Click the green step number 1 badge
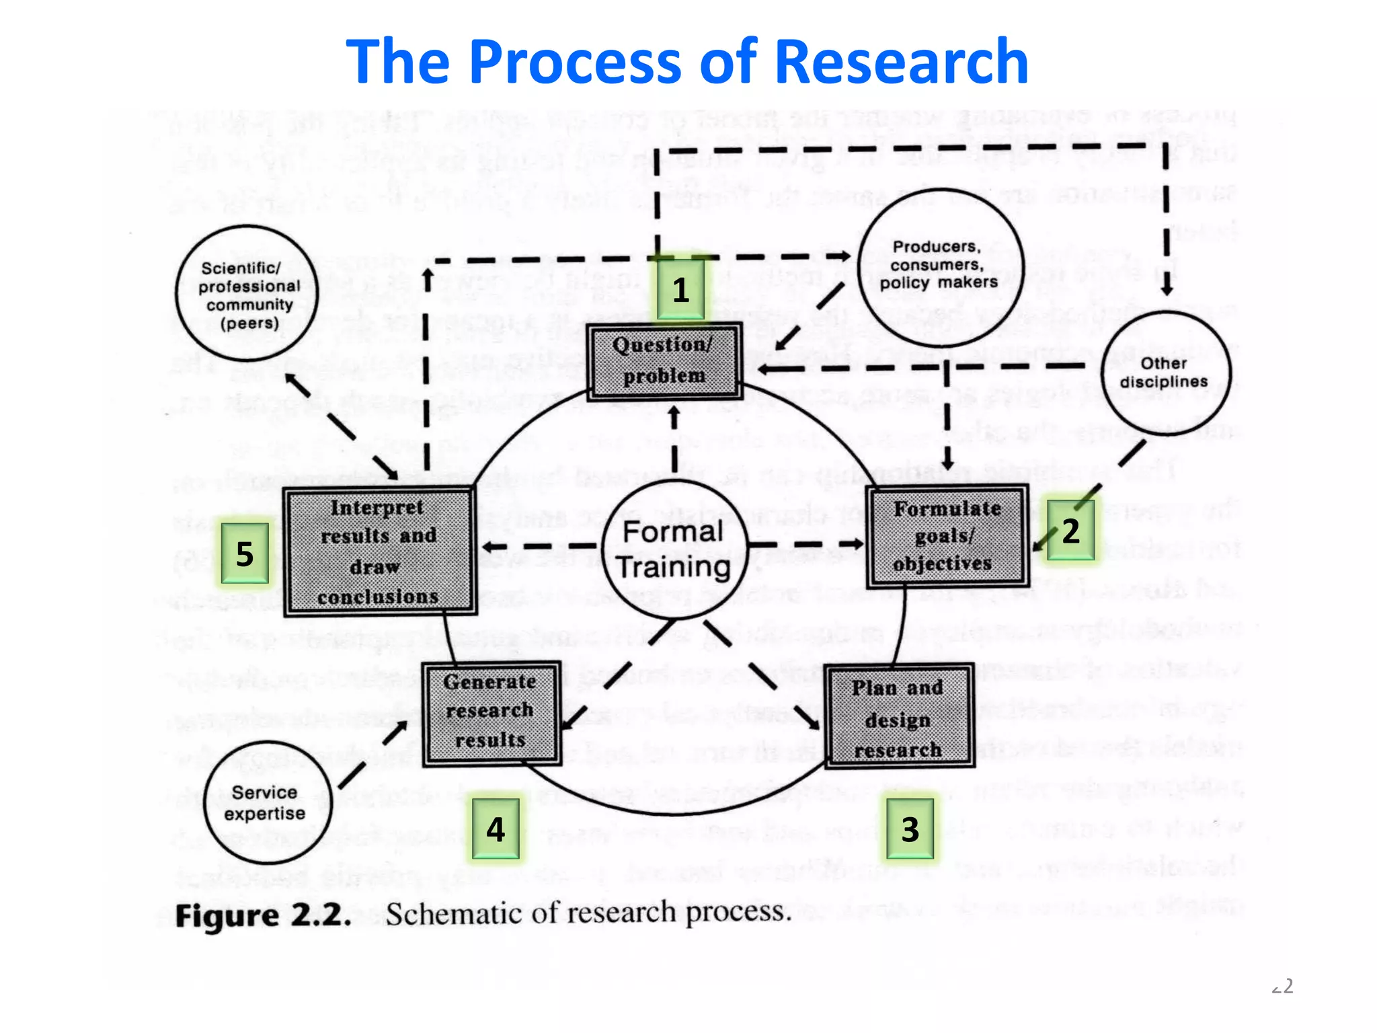coord(680,290)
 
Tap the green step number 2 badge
coord(1070,531)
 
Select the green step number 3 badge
coord(910,829)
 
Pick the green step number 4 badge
coord(496,829)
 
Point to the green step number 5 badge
coord(245,553)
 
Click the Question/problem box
coord(665,361)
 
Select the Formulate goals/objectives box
coord(947,536)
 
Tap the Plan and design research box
coord(899,716)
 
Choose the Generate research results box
coord(491,712)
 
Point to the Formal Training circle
coord(674,549)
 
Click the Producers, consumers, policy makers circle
coord(940,265)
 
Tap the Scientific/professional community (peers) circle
coord(247,294)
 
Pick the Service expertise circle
coord(267,802)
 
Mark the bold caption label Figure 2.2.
coord(263,916)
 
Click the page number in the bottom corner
coord(1283,986)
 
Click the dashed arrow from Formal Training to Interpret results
coord(538,546)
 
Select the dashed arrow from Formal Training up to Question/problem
coord(674,441)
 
